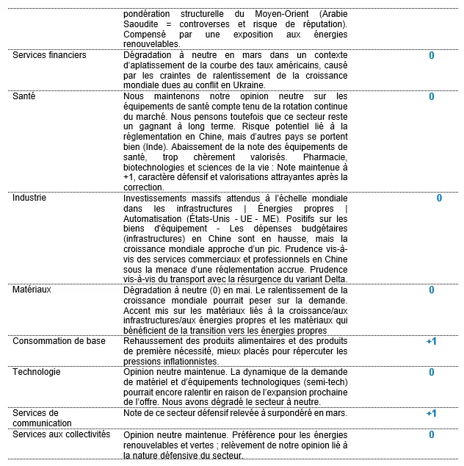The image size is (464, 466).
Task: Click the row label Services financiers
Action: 49,55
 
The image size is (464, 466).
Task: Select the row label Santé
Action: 24,96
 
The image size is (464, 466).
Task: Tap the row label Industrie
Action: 29,198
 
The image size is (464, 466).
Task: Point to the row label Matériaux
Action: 31,290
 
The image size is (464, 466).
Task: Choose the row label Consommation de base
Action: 59,341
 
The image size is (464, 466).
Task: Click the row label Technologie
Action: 37,372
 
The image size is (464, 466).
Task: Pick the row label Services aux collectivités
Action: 60,434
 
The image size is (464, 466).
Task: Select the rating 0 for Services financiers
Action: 432,55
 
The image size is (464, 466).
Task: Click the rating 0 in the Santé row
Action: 432,96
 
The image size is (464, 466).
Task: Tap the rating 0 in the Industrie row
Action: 439,198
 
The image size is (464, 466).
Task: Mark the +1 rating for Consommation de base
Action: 432,341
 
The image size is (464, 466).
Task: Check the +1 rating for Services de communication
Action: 432,413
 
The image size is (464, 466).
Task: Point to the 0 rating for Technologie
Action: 432,372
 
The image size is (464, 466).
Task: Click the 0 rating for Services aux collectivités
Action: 432,434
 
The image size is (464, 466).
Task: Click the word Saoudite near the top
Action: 142,24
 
